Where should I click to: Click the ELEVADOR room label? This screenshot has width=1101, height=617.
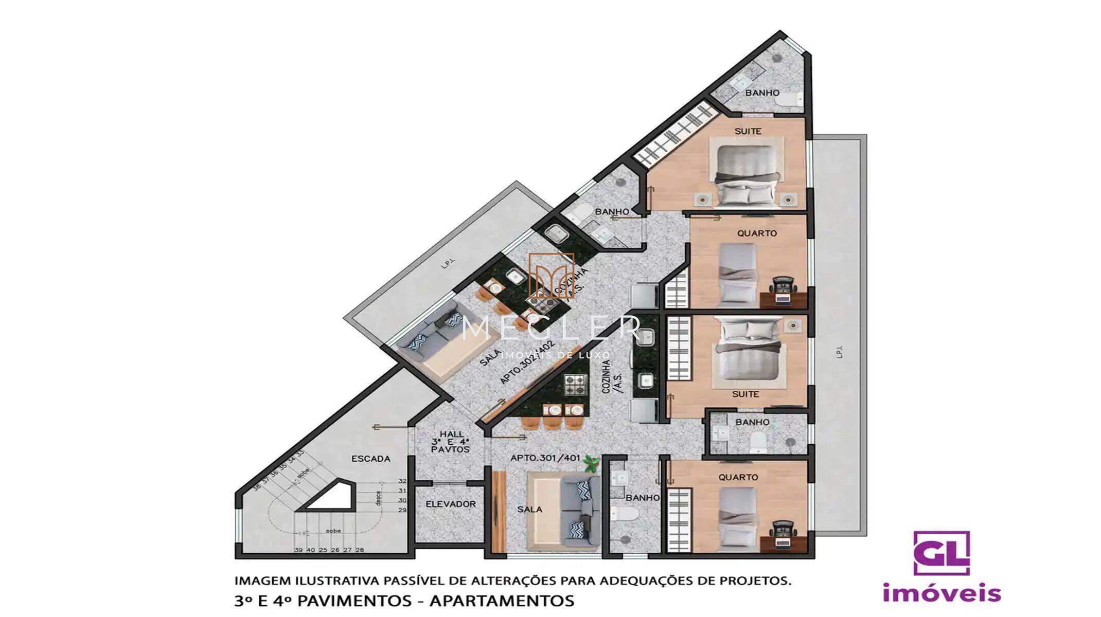click(x=450, y=504)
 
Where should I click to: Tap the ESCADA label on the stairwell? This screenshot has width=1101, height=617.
click(x=370, y=459)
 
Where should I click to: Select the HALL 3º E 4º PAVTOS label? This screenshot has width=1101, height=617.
click(x=451, y=442)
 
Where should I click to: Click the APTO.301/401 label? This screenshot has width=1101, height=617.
click(x=545, y=458)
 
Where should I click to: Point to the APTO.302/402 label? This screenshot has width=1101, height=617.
click(x=528, y=362)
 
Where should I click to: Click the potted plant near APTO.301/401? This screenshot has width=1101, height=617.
click(x=592, y=464)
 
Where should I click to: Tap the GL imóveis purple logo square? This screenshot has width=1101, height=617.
click(x=941, y=553)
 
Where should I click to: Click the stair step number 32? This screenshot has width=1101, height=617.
click(x=402, y=481)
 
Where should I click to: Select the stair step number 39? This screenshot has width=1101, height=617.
click(x=298, y=550)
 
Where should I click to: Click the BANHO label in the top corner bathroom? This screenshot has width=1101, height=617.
click(x=762, y=93)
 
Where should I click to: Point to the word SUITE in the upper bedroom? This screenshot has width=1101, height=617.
click(x=748, y=131)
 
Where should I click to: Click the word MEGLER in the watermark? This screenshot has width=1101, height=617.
click(x=551, y=328)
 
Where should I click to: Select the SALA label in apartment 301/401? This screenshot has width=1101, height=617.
click(x=529, y=509)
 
